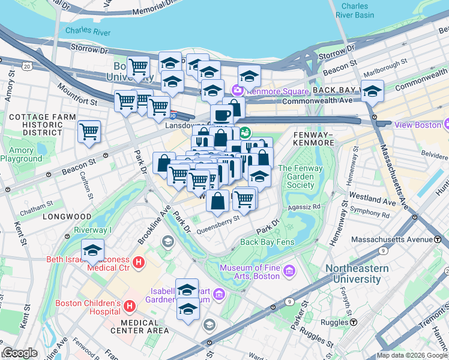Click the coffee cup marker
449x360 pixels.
[x=221, y=115]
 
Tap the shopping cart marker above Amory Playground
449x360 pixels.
[x=89, y=131]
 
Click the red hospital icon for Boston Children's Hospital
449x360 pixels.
[x=129, y=307]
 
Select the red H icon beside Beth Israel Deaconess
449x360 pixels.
[x=139, y=262]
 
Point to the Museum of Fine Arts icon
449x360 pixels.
[x=289, y=271]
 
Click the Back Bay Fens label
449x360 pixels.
[x=266, y=242]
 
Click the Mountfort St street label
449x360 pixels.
[x=77, y=94]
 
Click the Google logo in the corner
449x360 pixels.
[x=20, y=352]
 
